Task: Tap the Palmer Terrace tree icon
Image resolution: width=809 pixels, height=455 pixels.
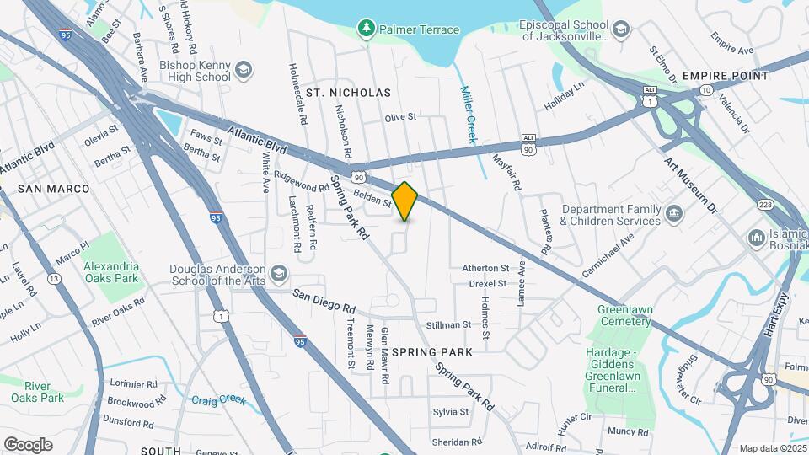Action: pos(366,29)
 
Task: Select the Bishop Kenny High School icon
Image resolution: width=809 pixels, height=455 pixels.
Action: pos(244,70)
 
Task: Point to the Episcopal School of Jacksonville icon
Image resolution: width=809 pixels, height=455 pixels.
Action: pos(621,31)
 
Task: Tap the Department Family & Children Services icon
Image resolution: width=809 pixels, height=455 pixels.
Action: pos(673,214)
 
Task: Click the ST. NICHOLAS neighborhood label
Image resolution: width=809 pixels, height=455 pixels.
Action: pos(348,92)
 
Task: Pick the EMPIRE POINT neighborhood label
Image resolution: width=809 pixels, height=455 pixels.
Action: pos(726,76)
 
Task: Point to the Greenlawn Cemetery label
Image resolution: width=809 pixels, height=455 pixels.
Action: pos(625,316)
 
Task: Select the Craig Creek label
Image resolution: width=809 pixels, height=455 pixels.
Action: pos(218,400)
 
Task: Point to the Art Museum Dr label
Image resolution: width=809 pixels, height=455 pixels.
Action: pos(688,183)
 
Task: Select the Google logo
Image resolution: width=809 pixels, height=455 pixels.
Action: pos(28,444)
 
